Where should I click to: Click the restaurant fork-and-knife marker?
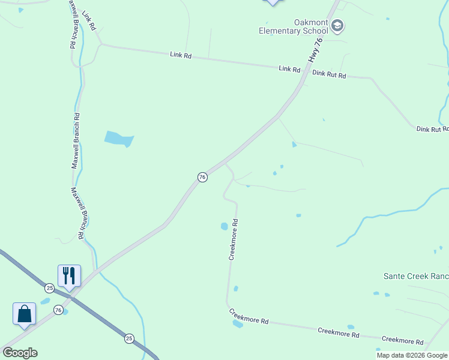[69, 276]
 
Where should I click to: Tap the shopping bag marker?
[24, 314]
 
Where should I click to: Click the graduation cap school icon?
[337, 26]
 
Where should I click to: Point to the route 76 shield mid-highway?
[202, 177]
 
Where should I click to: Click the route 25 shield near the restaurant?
[49, 288]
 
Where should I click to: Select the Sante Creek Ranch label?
[416, 276]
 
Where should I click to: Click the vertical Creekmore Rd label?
[234, 239]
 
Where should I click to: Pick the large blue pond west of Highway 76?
[119, 139]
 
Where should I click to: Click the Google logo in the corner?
[20, 353]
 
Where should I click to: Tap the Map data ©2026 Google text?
[412, 355]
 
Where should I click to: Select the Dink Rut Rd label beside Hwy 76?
[330, 75]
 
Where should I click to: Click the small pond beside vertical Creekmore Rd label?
[224, 226]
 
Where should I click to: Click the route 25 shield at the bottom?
[129, 339]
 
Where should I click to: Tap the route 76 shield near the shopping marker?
[58, 310]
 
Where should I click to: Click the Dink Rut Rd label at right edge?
[432, 128]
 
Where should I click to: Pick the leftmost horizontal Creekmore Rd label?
[249, 316]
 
